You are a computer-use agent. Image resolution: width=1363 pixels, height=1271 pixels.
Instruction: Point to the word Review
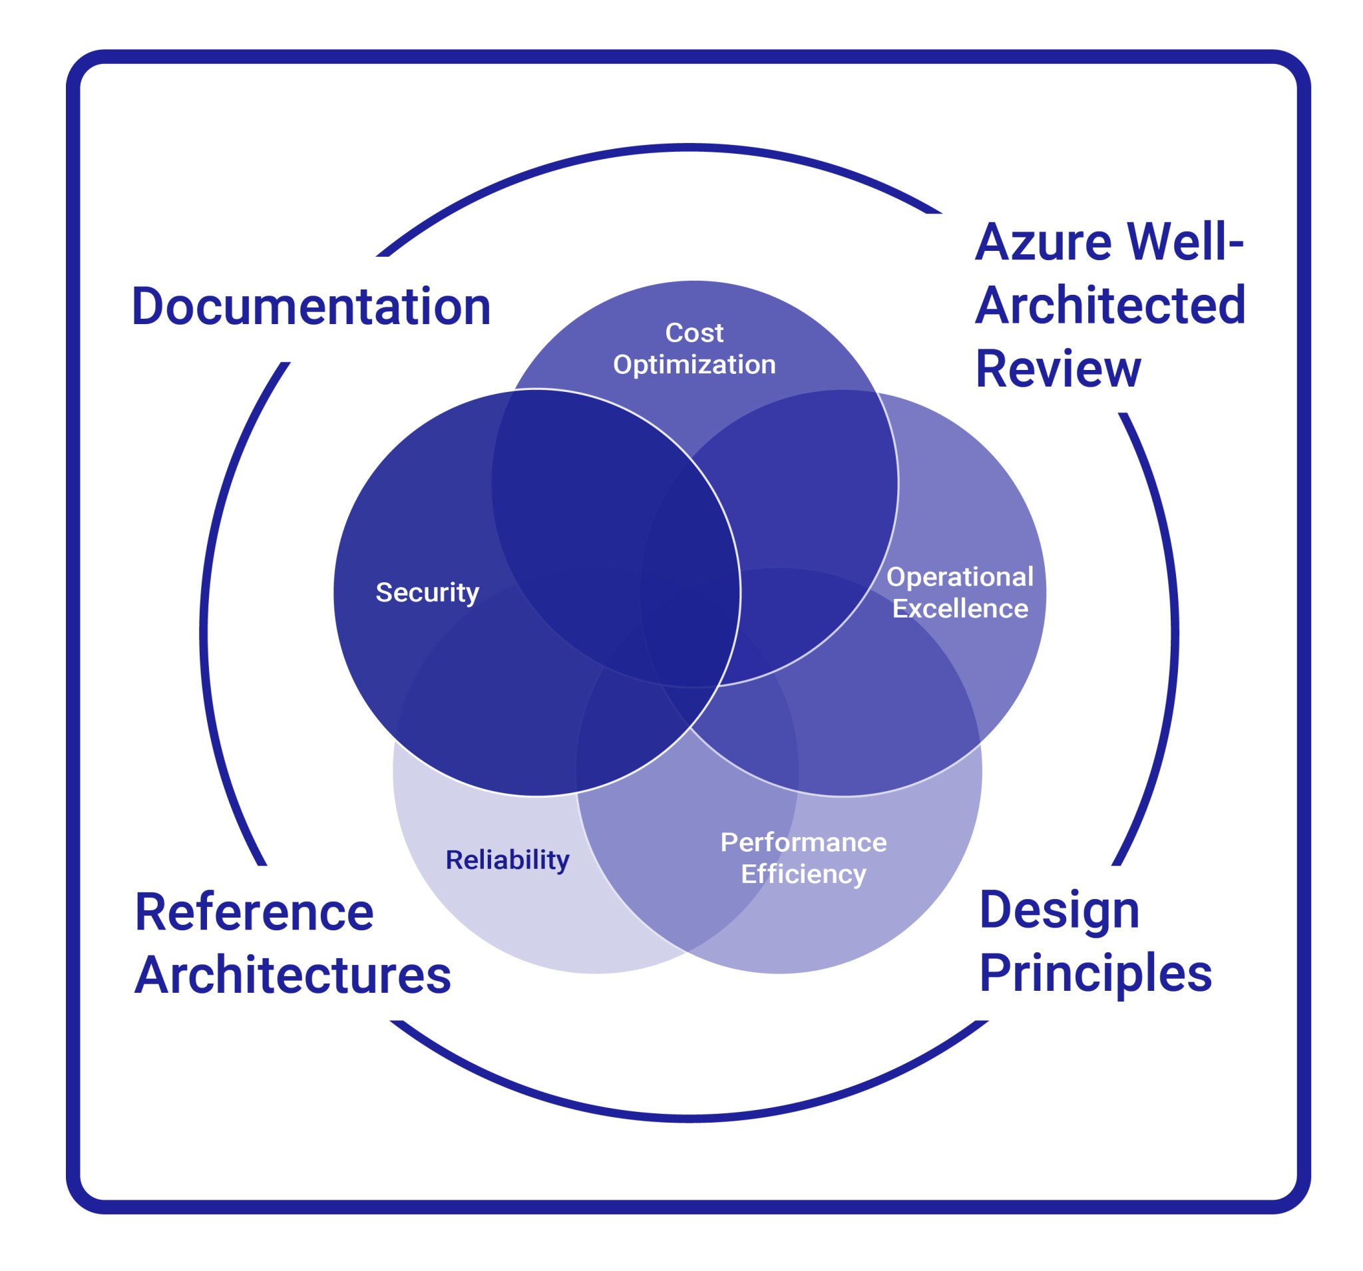click(x=1058, y=369)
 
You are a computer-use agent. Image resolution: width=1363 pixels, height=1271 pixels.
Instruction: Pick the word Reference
click(x=254, y=912)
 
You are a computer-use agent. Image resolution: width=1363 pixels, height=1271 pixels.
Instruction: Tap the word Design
click(x=1060, y=911)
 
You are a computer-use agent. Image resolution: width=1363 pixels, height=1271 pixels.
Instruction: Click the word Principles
click(x=1095, y=973)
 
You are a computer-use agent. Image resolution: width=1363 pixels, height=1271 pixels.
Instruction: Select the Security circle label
click(x=427, y=592)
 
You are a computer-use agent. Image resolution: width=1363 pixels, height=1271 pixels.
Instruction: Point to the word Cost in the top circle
click(x=694, y=333)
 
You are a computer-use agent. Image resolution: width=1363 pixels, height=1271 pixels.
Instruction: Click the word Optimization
click(x=694, y=365)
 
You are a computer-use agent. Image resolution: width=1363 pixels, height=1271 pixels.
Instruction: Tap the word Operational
click(x=960, y=576)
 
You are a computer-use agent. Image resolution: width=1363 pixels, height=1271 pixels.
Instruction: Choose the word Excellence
click(x=960, y=609)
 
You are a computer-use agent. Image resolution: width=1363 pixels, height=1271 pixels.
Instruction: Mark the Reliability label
click(x=507, y=860)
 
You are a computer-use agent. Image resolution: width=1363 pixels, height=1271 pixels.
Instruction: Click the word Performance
click(x=803, y=842)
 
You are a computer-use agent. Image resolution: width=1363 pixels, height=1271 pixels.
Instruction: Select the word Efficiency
click(x=803, y=874)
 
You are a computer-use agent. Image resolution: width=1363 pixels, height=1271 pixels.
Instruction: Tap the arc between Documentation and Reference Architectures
click(x=204, y=617)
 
